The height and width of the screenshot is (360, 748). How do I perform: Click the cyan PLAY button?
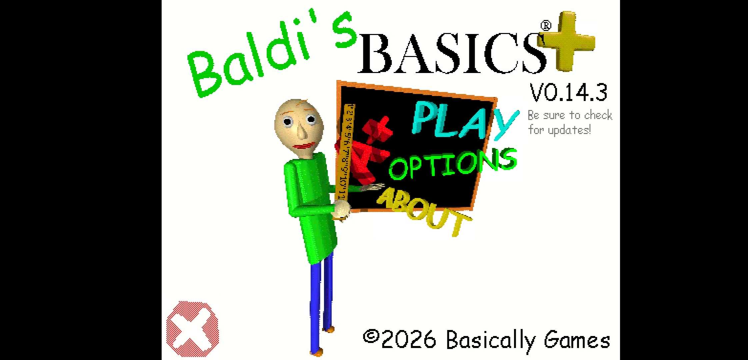pyautogui.click(x=465, y=121)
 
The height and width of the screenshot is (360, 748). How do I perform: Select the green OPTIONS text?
pyautogui.click(x=453, y=164)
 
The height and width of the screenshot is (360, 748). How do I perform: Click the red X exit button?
pyautogui.click(x=192, y=329)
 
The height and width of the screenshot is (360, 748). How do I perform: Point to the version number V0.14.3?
pyautogui.click(x=569, y=93)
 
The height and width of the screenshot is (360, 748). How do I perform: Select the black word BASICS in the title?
pyautogui.click(x=452, y=53)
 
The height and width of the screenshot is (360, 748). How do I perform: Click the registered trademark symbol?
pyautogui.click(x=546, y=26)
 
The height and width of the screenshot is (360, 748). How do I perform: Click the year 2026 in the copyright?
pyautogui.click(x=409, y=340)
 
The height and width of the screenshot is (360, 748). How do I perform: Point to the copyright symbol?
pyautogui.click(x=371, y=337)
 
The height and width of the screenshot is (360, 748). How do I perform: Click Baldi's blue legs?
pyautogui.click(x=321, y=303)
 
